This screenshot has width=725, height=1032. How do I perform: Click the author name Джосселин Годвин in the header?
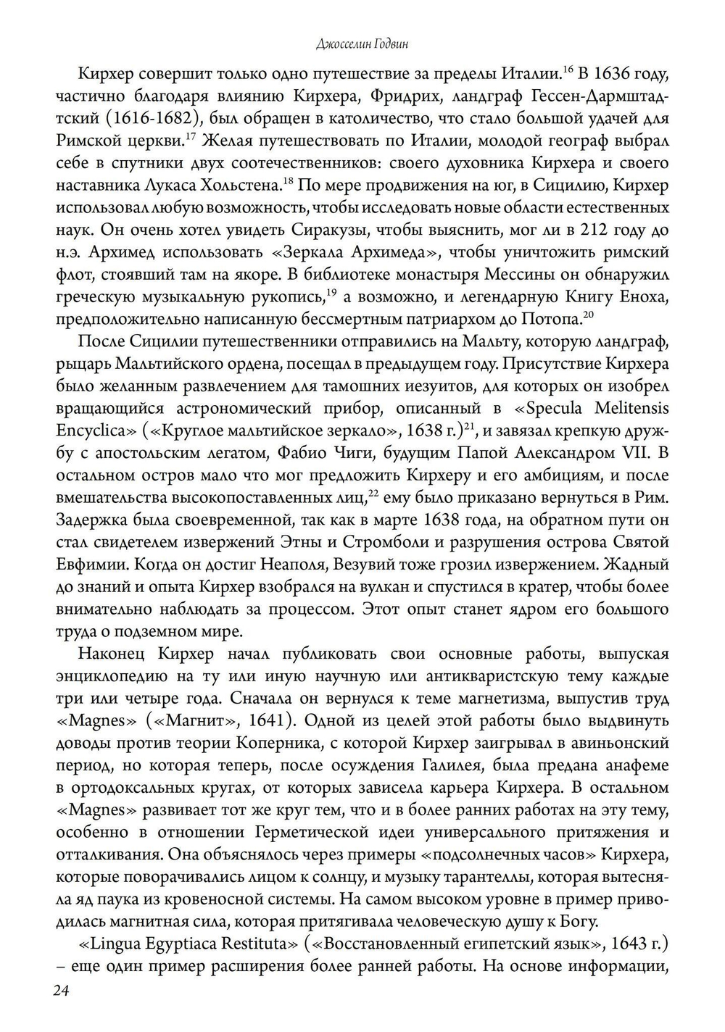tap(362, 45)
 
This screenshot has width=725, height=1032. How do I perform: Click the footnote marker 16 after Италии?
tap(568, 69)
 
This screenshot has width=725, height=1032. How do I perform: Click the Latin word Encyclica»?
tap(96, 430)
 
